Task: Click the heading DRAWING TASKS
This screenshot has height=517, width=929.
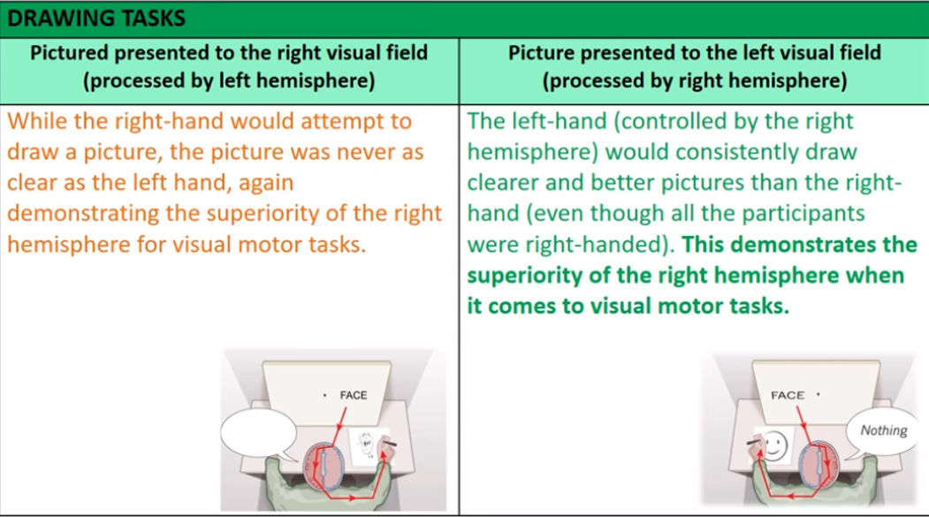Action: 96,19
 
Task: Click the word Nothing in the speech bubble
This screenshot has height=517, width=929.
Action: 883,430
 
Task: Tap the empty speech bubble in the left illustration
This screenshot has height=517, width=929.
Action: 259,434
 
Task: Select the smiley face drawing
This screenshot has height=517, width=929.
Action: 774,445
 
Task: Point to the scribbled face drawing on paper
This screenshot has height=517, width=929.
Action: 367,445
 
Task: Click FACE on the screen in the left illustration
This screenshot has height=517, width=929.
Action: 353,395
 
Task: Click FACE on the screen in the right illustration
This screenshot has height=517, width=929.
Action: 788,395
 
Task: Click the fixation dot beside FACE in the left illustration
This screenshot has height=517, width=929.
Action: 324,395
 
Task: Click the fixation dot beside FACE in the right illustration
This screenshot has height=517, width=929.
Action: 819,394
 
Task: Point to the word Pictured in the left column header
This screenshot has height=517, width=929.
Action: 69,53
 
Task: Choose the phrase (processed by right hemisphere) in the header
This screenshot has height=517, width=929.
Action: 695,80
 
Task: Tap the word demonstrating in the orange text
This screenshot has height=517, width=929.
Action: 83,214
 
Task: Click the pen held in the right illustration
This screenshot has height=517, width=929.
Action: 754,442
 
